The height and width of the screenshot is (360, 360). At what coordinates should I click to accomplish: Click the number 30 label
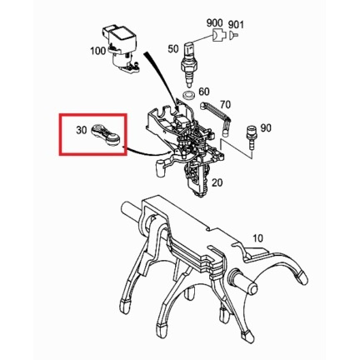[x=82, y=130]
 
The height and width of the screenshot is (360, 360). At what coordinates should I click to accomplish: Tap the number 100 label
[x=98, y=51]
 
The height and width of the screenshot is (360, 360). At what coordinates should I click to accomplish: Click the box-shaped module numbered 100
[x=120, y=48]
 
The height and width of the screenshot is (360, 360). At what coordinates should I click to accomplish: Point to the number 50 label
[x=173, y=49]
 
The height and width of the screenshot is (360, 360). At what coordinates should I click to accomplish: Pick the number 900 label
[x=214, y=23]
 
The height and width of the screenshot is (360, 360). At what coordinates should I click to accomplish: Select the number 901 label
[x=236, y=25]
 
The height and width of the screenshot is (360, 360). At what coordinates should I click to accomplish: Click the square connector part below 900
[x=218, y=36]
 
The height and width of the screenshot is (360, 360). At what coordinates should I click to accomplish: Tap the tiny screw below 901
[x=233, y=35]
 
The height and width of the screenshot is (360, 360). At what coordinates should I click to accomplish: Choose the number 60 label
[x=204, y=92]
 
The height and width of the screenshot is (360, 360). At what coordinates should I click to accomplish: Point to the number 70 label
[x=225, y=105]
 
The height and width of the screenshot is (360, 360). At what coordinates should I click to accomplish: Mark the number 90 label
[x=266, y=128]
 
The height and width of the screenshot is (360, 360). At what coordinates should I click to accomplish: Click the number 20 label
[x=217, y=182]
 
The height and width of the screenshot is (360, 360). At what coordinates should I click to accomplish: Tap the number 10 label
[x=258, y=238]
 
